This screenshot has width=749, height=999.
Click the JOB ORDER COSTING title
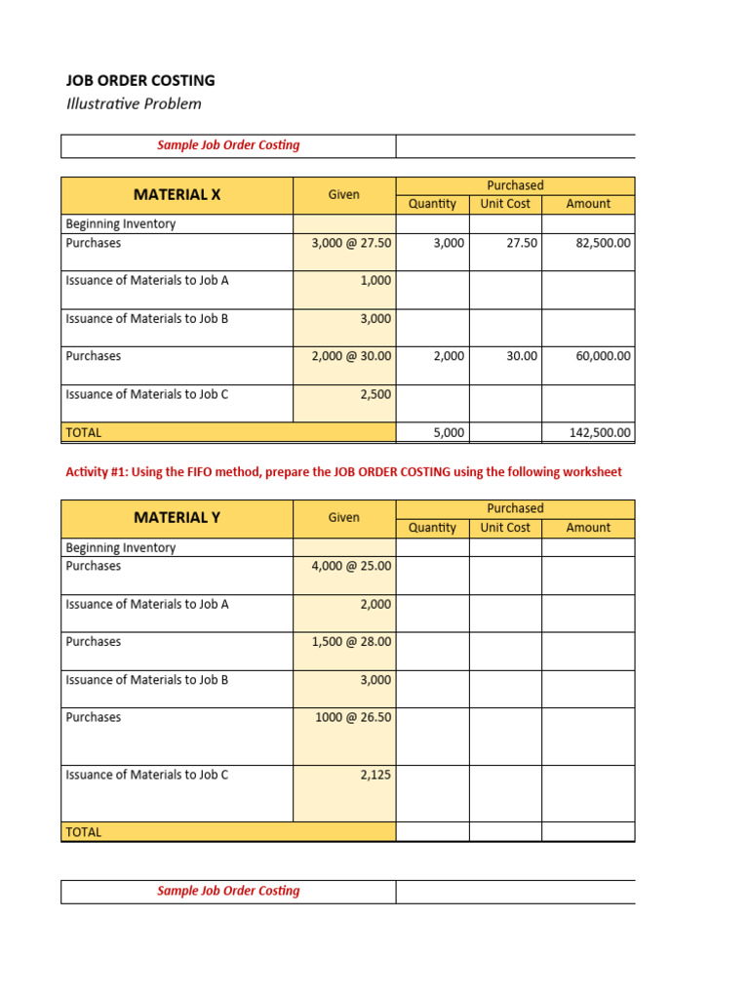coord(140,81)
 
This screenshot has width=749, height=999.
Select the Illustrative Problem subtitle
coord(134,104)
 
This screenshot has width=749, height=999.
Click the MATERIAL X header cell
coord(177,195)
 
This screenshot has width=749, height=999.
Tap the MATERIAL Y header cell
coord(177,518)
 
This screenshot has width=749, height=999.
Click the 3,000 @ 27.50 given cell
coord(351,243)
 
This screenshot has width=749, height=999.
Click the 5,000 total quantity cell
coord(449,432)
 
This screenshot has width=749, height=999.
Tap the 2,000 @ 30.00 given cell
coord(351,357)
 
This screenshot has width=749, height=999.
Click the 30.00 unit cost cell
coord(522,357)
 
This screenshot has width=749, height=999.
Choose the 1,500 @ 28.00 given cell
coord(351,642)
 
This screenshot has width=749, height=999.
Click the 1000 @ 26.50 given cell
coord(353,718)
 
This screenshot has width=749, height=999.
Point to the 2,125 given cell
coord(375,776)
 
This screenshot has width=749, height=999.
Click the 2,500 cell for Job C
coord(375,395)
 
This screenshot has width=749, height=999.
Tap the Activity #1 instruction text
coord(343,472)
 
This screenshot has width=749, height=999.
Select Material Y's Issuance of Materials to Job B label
coord(147,680)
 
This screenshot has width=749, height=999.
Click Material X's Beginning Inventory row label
coord(121,224)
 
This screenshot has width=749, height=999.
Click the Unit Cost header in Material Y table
coord(505,528)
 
